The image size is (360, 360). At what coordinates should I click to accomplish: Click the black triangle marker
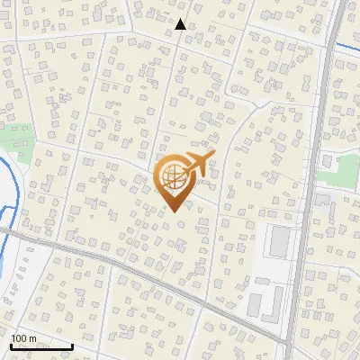181,24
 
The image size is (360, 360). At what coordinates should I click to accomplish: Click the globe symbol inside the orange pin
173,180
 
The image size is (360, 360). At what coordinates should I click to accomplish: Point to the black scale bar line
41,346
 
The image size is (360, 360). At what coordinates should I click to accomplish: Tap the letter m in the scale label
32,338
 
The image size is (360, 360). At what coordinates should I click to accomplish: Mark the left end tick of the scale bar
11,346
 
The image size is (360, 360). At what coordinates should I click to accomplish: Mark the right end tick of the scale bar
72,346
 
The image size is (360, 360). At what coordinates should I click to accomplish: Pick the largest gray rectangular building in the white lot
280,240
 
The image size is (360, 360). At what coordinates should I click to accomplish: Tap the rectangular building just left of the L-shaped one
255,303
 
